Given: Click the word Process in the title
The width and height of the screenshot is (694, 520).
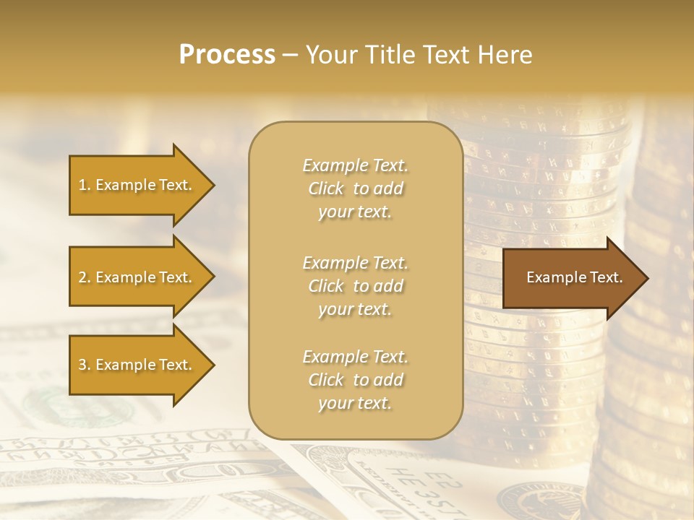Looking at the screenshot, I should pos(227,55).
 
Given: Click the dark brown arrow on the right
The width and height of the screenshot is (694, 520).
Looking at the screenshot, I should pos(571,277).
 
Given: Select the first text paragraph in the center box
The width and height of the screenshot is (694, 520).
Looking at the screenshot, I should pos(355,188).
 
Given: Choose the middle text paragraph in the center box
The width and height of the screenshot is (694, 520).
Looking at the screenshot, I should pos(355,286).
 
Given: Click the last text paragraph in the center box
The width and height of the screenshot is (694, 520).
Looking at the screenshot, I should pos(355,380).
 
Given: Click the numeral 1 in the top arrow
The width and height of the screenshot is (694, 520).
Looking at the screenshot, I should pos(82,185).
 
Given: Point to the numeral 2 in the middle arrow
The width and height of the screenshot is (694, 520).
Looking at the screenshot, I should pos(82,277).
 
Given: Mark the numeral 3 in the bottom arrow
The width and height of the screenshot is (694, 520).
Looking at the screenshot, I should pos(82,365).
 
